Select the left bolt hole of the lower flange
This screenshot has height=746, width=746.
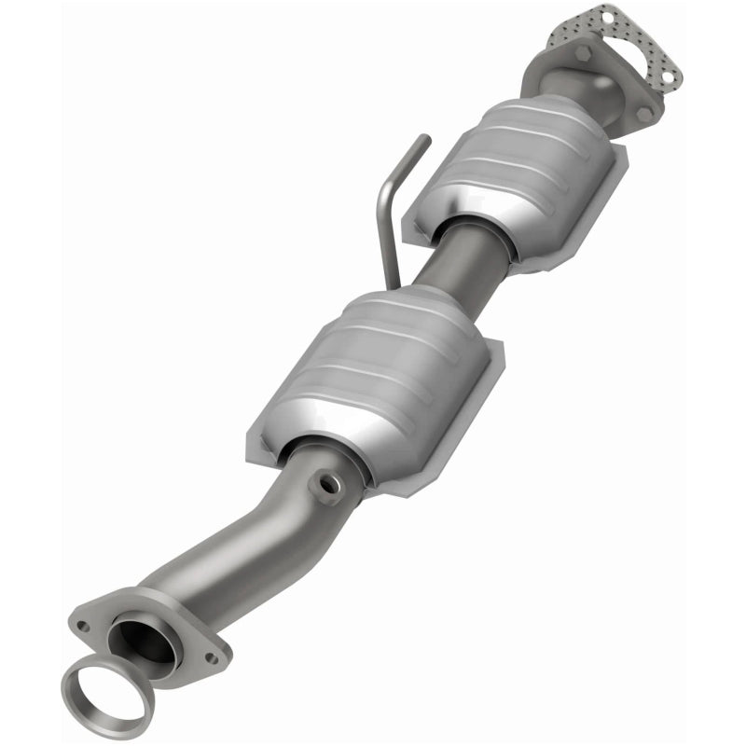click(84, 627)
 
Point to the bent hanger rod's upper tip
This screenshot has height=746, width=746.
click(426, 139)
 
